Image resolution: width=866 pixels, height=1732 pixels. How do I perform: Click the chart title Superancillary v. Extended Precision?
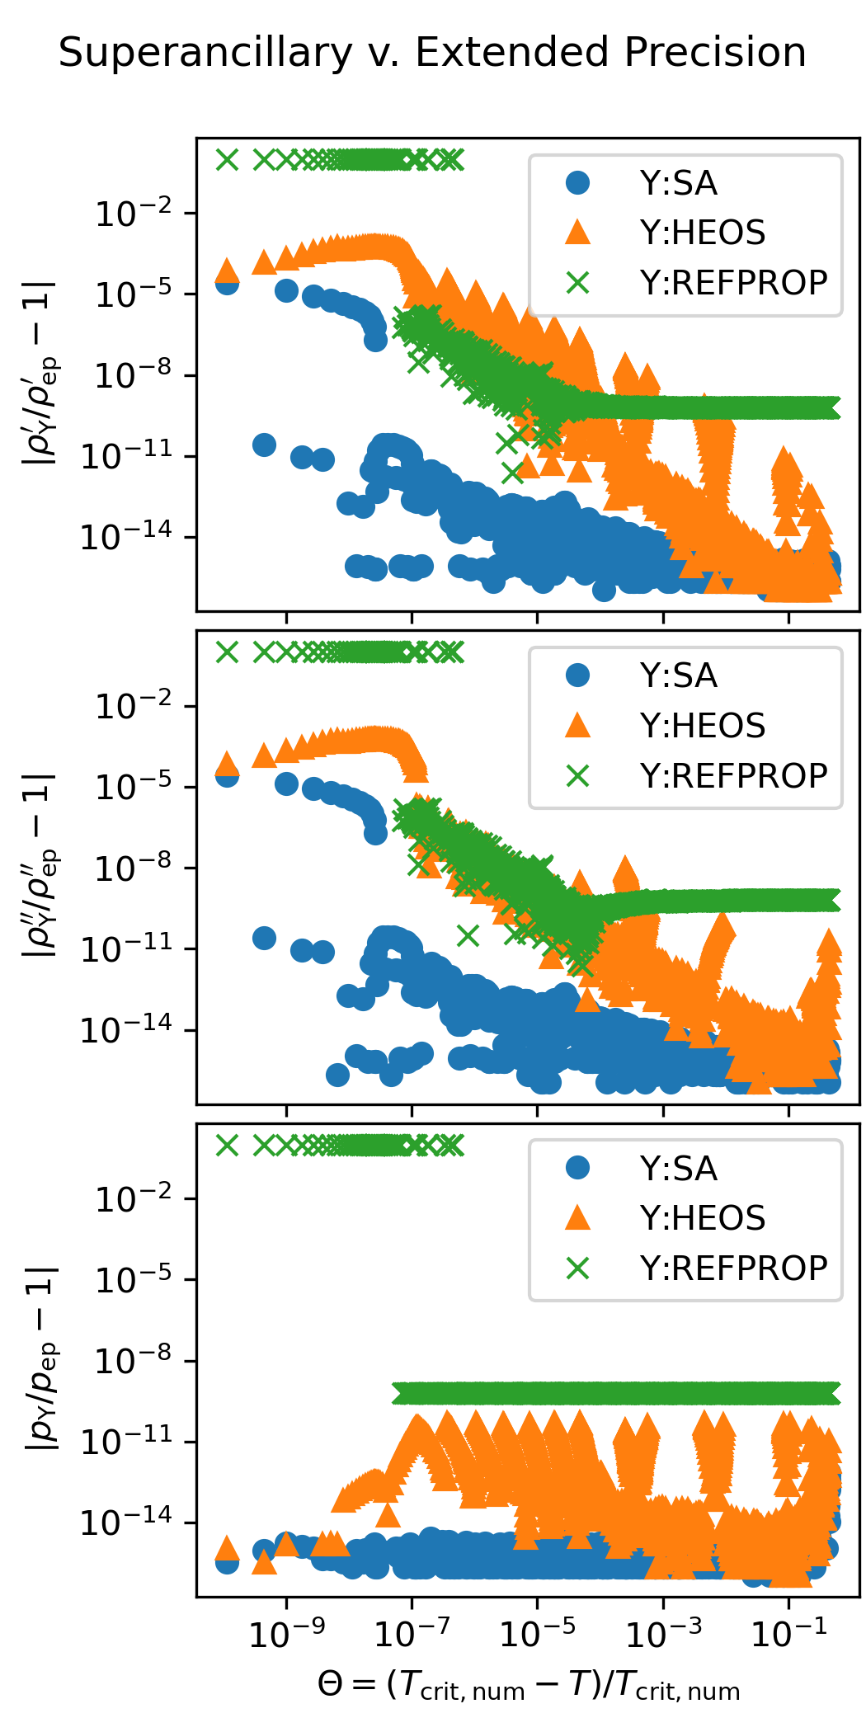coord(432,53)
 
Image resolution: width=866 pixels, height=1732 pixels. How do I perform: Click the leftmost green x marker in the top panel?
coord(227,160)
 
